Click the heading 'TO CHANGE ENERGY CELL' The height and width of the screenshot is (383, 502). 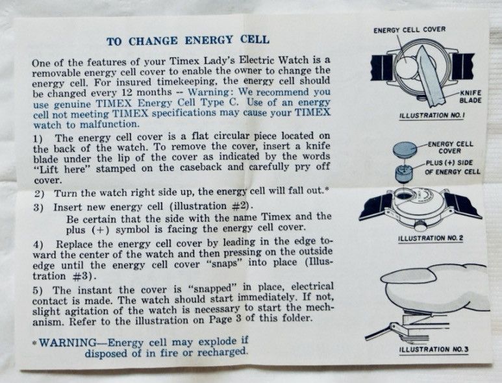click(x=188, y=40)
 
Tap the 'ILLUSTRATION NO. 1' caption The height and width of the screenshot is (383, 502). click(x=432, y=115)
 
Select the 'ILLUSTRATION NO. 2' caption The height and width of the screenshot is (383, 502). click(x=431, y=238)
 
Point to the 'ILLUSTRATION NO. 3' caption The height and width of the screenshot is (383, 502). click(x=434, y=349)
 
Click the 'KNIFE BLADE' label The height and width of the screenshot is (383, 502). click(x=470, y=97)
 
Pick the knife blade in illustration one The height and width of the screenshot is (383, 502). click(x=429, y=76)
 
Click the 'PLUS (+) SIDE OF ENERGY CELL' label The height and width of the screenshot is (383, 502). click(x=453, y=167)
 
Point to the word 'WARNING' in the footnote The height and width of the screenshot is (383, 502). click(x=68, y=343)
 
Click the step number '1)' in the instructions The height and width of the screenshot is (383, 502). click(x=38, y=138)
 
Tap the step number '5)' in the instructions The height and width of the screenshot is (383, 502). click(x=38, y=291)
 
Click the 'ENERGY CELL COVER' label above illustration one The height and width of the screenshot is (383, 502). click(x=410, y=30)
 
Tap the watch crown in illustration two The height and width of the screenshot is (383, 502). click(x=420, y=226)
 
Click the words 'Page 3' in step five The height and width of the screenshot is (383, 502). click(x=228, y=319)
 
